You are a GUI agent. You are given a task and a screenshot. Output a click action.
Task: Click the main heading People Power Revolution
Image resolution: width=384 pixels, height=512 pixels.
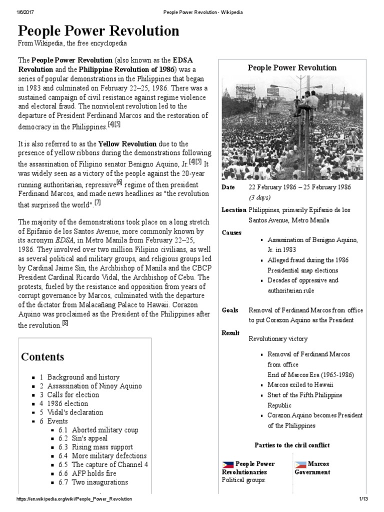pyautogui.click(x=98, y=31)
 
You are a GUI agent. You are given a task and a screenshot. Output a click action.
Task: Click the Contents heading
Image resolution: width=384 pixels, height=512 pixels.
pyautogui.click(x=42, y=356)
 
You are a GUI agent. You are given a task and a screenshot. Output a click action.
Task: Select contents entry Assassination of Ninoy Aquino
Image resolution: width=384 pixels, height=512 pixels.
pyautogui.click(x=94, y=386)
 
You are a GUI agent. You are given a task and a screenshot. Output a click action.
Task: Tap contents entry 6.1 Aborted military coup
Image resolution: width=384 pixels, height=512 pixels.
pyautogui.click(x=105, y=429)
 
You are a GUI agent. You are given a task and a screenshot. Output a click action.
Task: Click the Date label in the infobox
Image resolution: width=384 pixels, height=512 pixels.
pyautogui.click(x=228, y=186)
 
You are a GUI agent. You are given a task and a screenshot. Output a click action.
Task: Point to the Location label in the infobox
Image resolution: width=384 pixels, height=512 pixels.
pyautogui.click(x=233, y=210)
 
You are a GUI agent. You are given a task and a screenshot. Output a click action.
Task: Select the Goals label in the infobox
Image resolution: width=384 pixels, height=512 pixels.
pyautogui.click(x=230, y=310)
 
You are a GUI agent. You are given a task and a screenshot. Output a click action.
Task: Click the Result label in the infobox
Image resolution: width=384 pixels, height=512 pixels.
pyautogui.click(x=230, y=333)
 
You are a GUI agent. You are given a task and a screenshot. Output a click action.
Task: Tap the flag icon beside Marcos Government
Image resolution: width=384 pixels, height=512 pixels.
pyautogui.click(x=300, y=464)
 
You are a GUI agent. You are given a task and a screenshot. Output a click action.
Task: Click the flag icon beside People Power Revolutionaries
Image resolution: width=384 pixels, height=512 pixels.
pyautogui.click(x=228, y=464)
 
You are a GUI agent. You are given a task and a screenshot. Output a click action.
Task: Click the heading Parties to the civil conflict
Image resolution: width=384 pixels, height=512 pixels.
pyautogui.click(x=292, y=445)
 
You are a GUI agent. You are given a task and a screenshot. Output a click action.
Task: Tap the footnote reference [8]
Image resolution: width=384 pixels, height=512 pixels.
pyautogui.click(x=65, y=323)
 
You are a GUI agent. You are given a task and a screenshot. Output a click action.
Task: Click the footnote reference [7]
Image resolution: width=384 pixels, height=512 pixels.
pyautogui.click(x=97, y=202)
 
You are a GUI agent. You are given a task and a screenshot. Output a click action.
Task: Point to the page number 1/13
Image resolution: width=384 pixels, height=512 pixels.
pyautogui.click(x=363, y=499)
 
